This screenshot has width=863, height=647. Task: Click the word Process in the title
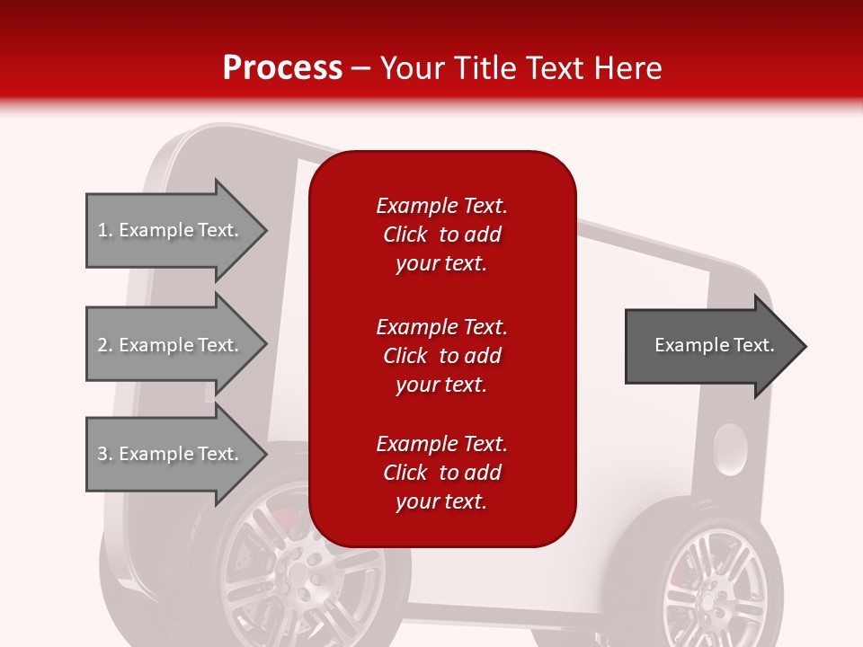(282, 68)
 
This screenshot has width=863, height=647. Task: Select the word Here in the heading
(627, 68)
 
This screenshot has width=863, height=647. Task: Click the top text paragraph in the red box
(441, 235)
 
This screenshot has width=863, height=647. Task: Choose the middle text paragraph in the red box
(441, 356)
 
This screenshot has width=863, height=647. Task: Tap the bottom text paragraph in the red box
(441, 473)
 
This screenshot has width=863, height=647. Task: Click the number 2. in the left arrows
(105, 345)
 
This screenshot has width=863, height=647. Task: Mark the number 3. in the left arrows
(105, 454)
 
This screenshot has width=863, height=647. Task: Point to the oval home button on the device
(729, 449)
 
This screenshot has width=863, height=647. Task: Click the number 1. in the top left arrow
(105, 230)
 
